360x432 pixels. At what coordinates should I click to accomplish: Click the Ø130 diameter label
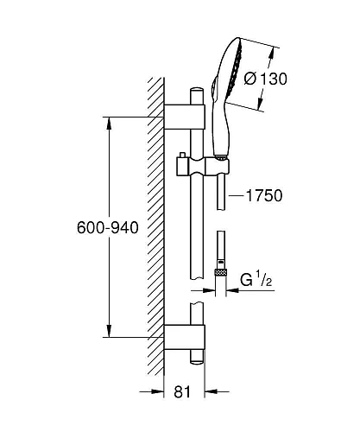[265, 79]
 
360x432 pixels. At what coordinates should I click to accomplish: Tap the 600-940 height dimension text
[108, 228]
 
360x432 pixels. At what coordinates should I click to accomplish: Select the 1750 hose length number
[264, 196]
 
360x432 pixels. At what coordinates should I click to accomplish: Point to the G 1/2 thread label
[256, 279]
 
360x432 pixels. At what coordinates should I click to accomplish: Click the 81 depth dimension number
[182, 392]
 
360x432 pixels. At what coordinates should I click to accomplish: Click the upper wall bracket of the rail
[184, 117]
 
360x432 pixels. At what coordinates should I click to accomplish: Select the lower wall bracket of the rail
[184, 337]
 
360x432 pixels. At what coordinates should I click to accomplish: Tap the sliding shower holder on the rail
[203, 166]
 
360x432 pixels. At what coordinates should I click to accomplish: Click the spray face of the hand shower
[235, 72]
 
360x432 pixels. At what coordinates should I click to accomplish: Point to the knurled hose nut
[221, 272]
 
